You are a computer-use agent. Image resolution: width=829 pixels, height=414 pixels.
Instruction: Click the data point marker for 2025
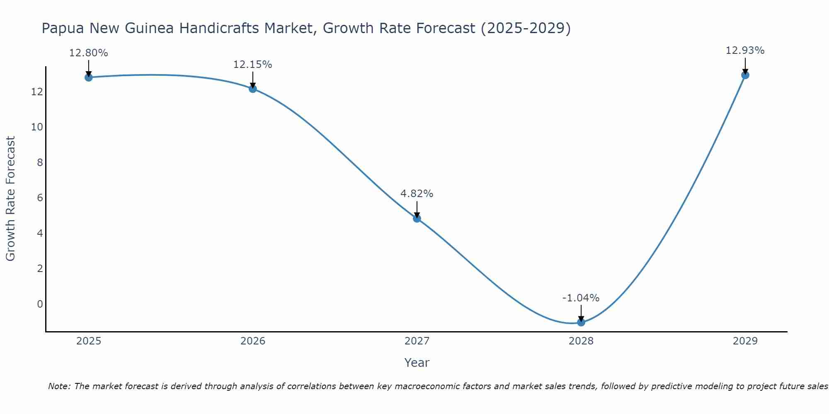coord(89,77)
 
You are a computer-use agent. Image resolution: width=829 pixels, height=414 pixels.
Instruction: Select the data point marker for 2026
coord(253,89)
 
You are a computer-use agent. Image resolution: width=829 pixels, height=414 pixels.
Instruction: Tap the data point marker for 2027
coord(417,219)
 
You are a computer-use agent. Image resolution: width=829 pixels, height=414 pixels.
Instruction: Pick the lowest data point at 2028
coord(581,322)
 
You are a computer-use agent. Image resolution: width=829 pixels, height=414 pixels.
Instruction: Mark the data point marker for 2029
coord(745,75)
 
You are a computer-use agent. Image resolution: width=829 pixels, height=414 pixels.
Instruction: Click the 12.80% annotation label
coord(89,53)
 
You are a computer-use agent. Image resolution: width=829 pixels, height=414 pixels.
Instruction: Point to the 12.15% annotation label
coord(253,65)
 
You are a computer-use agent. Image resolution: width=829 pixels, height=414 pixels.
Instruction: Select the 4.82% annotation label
coord(417,194)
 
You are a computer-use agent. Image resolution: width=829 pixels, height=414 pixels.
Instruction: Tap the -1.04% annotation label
coord(581,298)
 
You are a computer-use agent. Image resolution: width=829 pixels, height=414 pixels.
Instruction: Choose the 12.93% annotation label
coord(745,51)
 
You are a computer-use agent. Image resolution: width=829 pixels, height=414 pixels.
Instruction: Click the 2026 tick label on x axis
coord(253,341)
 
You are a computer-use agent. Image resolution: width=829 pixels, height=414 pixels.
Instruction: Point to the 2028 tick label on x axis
coord(581,341)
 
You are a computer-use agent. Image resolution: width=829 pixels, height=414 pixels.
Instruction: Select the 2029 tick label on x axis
coord(745,341)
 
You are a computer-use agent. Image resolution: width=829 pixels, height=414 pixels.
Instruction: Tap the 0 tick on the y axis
coord(40,304)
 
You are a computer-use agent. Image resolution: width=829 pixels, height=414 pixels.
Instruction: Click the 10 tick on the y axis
coord(37,127)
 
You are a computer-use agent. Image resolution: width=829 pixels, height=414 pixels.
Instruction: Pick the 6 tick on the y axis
coord(40,198)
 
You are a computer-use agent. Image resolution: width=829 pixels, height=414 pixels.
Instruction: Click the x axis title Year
coord(417,363)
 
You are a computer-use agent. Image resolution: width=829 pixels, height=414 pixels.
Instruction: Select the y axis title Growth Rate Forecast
coord(11,199)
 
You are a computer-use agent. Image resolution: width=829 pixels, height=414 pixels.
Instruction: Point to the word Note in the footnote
coord(60,387)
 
